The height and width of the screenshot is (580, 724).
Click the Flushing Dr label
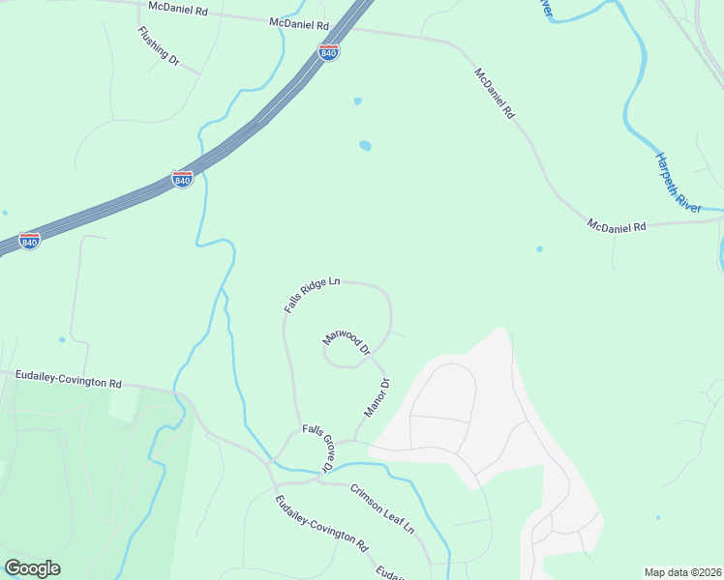(x=159, y=45)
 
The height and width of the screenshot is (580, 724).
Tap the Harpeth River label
(x=678, y=182)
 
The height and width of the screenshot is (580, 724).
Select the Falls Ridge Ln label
(x=313, y=295)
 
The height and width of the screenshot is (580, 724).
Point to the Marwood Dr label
(x=347, y=343)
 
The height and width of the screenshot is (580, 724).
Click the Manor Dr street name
(x=377, y=397)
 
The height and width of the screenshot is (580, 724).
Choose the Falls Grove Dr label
(x=317, y=448)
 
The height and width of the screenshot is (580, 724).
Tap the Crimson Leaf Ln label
(x=382, y=508)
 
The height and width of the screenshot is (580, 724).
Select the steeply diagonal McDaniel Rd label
(x=495, y=93)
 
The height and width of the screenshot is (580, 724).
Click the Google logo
(x=32, y=568)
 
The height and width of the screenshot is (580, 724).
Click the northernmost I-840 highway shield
(x=329, y=52)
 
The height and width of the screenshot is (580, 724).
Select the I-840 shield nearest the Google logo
(x=30, y=241)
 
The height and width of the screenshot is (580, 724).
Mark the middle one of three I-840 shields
(x=182, y=179)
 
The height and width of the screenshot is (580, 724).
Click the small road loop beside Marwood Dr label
(x=340, y=359)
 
